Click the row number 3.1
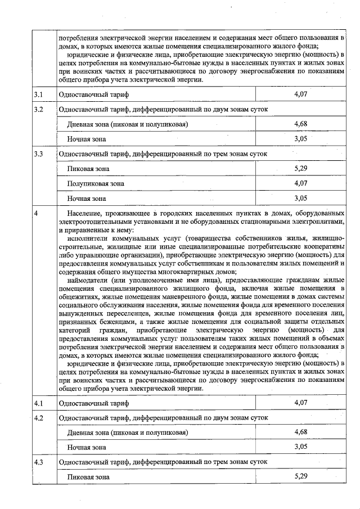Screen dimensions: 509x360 [38, 93]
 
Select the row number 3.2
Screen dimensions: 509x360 [38, 109]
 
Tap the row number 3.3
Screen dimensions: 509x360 [38, 154]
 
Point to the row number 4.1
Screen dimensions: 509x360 [38, 403]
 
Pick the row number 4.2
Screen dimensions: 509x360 [38, 418]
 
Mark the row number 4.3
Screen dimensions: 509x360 [38, 462]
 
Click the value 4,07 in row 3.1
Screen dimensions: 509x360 [300, 93]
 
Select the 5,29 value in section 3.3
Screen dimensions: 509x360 [300, 168]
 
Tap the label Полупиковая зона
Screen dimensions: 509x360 [95, 183]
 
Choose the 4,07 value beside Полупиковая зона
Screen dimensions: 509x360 [300, 183]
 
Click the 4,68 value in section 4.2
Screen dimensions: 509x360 [300, 432]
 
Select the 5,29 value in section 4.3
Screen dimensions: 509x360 [300, 476]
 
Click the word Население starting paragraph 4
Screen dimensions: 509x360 [84, 214]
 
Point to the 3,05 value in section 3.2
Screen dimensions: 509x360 [300, 138]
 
